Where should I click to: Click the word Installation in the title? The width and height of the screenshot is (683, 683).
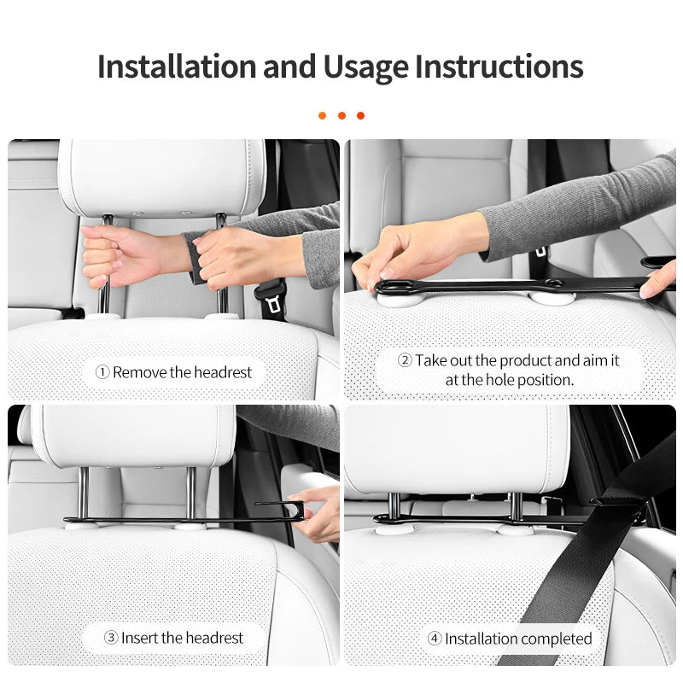[177, 67]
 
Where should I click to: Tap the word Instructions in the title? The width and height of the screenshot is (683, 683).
[499, 67]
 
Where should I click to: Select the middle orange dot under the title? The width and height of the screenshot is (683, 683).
[341, 115]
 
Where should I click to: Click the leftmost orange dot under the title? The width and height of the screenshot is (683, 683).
[323, 115]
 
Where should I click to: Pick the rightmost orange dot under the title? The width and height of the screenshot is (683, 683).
[360, 115]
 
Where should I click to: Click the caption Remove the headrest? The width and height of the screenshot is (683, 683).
[182, 372]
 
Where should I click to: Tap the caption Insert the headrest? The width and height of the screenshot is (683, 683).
[182, 638]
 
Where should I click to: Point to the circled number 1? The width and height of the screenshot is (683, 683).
[102, 372]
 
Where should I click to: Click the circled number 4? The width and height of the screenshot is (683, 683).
[434, 639]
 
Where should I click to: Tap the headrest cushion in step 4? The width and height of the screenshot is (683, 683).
[457, 448]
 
